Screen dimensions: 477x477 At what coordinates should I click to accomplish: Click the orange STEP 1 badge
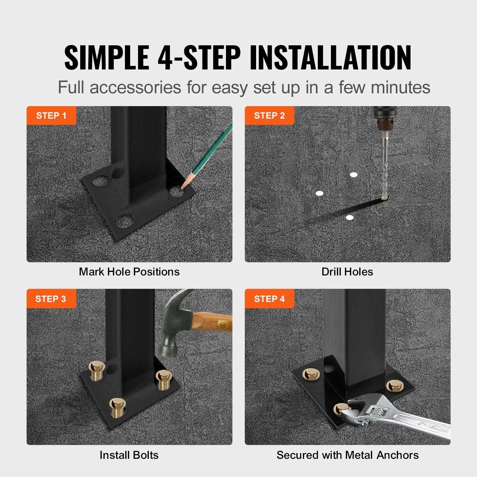coord(51,116)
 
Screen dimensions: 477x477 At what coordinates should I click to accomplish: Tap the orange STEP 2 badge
coord(269,116)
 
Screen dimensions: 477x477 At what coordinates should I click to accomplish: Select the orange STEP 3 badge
coord(51,299)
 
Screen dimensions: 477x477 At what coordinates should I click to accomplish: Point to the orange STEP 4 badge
coord(269,299)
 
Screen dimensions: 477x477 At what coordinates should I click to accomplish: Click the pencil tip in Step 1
coord(183,187)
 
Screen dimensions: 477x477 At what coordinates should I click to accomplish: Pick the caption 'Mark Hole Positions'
coord(129,272)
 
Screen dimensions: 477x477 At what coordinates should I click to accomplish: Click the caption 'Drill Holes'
coord(347,272)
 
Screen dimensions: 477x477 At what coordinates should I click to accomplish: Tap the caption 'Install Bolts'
coord(129,455)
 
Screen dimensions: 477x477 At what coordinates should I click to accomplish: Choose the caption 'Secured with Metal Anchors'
coord(347,455)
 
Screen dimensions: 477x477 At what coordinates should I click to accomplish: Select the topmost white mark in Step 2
coord(354,175)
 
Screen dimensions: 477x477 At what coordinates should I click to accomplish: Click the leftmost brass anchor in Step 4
coord(311,374)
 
